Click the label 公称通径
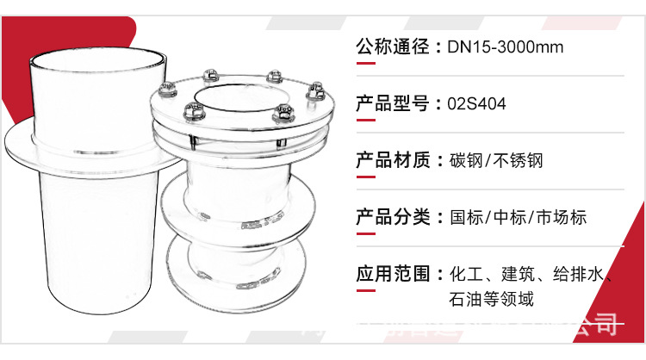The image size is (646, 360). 392,47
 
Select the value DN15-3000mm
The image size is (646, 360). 506,47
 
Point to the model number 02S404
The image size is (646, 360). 476,104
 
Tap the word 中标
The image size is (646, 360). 508,217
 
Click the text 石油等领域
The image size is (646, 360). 492,300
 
